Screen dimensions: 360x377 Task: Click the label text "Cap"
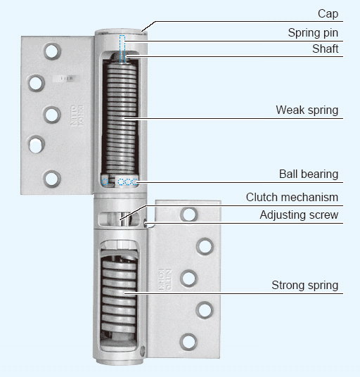point(328,13)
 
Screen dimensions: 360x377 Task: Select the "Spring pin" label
point(313,33)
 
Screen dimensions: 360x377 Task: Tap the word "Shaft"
point(325,49)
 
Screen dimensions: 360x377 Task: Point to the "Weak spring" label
point(307,110)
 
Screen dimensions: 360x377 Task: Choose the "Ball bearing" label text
point(309,174)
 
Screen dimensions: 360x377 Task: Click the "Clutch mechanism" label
point(292,197)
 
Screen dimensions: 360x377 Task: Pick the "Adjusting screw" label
point(299,215)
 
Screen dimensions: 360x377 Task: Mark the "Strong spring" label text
point(304,286)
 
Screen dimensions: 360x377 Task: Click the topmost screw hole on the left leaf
point(52,51)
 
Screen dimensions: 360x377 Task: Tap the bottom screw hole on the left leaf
point(51,179)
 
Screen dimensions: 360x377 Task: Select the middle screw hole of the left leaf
point(51,115)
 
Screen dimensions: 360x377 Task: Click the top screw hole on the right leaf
point(189,215)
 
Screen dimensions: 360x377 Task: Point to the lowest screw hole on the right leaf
point(188,342)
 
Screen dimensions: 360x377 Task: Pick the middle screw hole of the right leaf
point(188,279)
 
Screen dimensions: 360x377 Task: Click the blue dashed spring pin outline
point(122,49)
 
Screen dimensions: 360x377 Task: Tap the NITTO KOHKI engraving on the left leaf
point(77,115)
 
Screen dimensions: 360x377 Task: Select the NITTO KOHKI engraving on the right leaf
point(165,280)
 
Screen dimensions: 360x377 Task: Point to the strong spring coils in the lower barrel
point(119,294)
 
